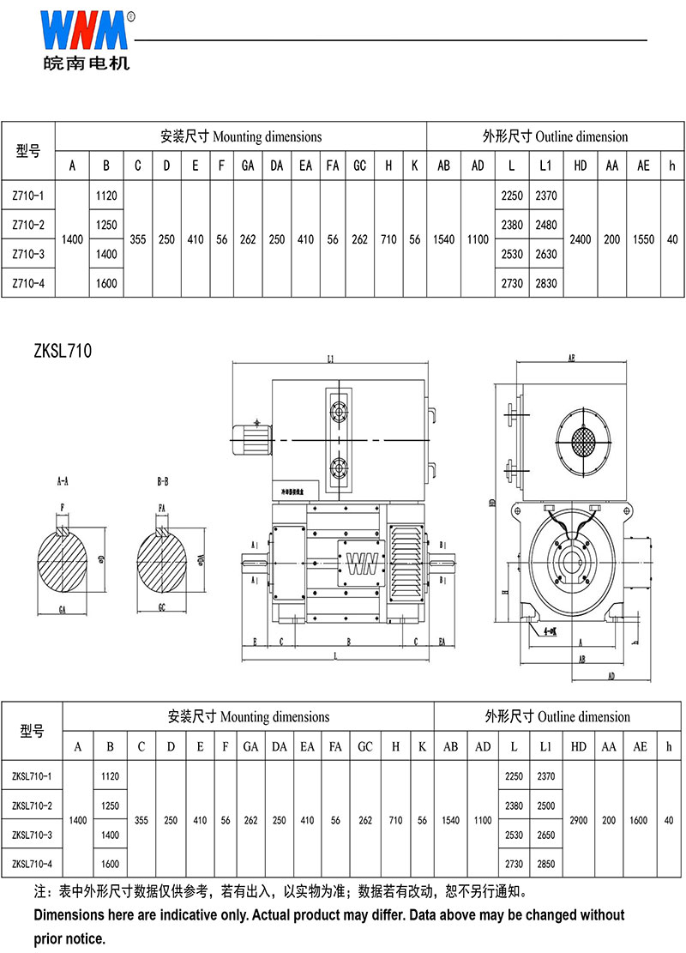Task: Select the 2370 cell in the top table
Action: click(546, 196)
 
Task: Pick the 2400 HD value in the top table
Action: click(581, 239)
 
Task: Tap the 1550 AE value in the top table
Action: click(643, 239)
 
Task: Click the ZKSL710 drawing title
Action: click(63, 350)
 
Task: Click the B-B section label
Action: click(163, 482)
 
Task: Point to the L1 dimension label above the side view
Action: click(331, 359)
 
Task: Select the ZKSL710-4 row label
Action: click(32, 864)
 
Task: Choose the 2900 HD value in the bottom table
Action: click(578, 820)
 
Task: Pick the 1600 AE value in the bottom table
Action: click(640, 820)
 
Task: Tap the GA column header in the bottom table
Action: click(250, 747)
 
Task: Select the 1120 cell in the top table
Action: click(106, 196)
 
